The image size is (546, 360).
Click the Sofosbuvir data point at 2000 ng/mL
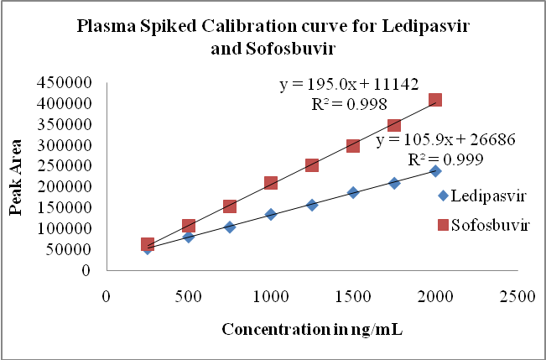(x=435, y=100)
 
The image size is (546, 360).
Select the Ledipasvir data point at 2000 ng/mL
(x=435, y=170)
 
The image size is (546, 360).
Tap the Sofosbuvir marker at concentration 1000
(x=271, y=183)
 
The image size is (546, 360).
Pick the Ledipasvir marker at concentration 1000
(x=271, y=214)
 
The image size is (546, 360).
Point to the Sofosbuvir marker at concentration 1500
(x=353, y=145)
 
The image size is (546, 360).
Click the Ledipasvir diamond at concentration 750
(x=230, y=227)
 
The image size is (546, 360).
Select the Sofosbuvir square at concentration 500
(x=189, y=226)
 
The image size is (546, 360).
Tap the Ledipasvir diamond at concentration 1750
(x=394, y=182)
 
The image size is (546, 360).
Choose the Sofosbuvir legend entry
(x=482, y=226)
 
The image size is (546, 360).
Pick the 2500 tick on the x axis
(x=517, y=295)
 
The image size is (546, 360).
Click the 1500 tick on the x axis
(x=353, y=295)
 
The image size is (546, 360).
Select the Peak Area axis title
(x=16, y=177)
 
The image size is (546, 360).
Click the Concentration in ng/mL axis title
(x=312, y=328)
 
